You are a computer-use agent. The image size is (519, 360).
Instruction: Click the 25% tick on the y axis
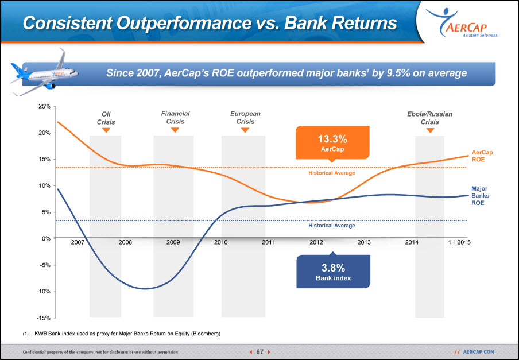click(x=44, y=107)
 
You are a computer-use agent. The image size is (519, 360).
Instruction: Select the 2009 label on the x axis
click(x=173, y=242)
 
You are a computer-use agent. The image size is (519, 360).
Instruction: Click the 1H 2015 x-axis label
click(x=459, y=242)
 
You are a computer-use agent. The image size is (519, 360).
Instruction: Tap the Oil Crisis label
click(x=106, y=118)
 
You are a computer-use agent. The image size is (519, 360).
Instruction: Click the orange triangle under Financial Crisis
click(x=175, y=130)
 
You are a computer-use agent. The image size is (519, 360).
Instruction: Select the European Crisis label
click(x=245, y=118)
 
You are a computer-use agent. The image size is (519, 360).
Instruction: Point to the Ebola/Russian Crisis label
click(x=429, y=118)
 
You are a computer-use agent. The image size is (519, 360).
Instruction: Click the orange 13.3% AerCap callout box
click(x=332, y=142)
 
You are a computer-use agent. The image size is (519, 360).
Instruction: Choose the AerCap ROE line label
click(x=482, y=156)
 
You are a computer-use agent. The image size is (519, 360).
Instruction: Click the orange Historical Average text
click(x=332, y=173)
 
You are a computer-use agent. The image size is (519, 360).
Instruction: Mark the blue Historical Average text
click(x=332, y=225)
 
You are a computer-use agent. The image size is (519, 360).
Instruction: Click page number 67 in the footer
click(x=260, y=352)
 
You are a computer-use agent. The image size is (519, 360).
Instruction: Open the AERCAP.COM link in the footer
click(x=479, y=352)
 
